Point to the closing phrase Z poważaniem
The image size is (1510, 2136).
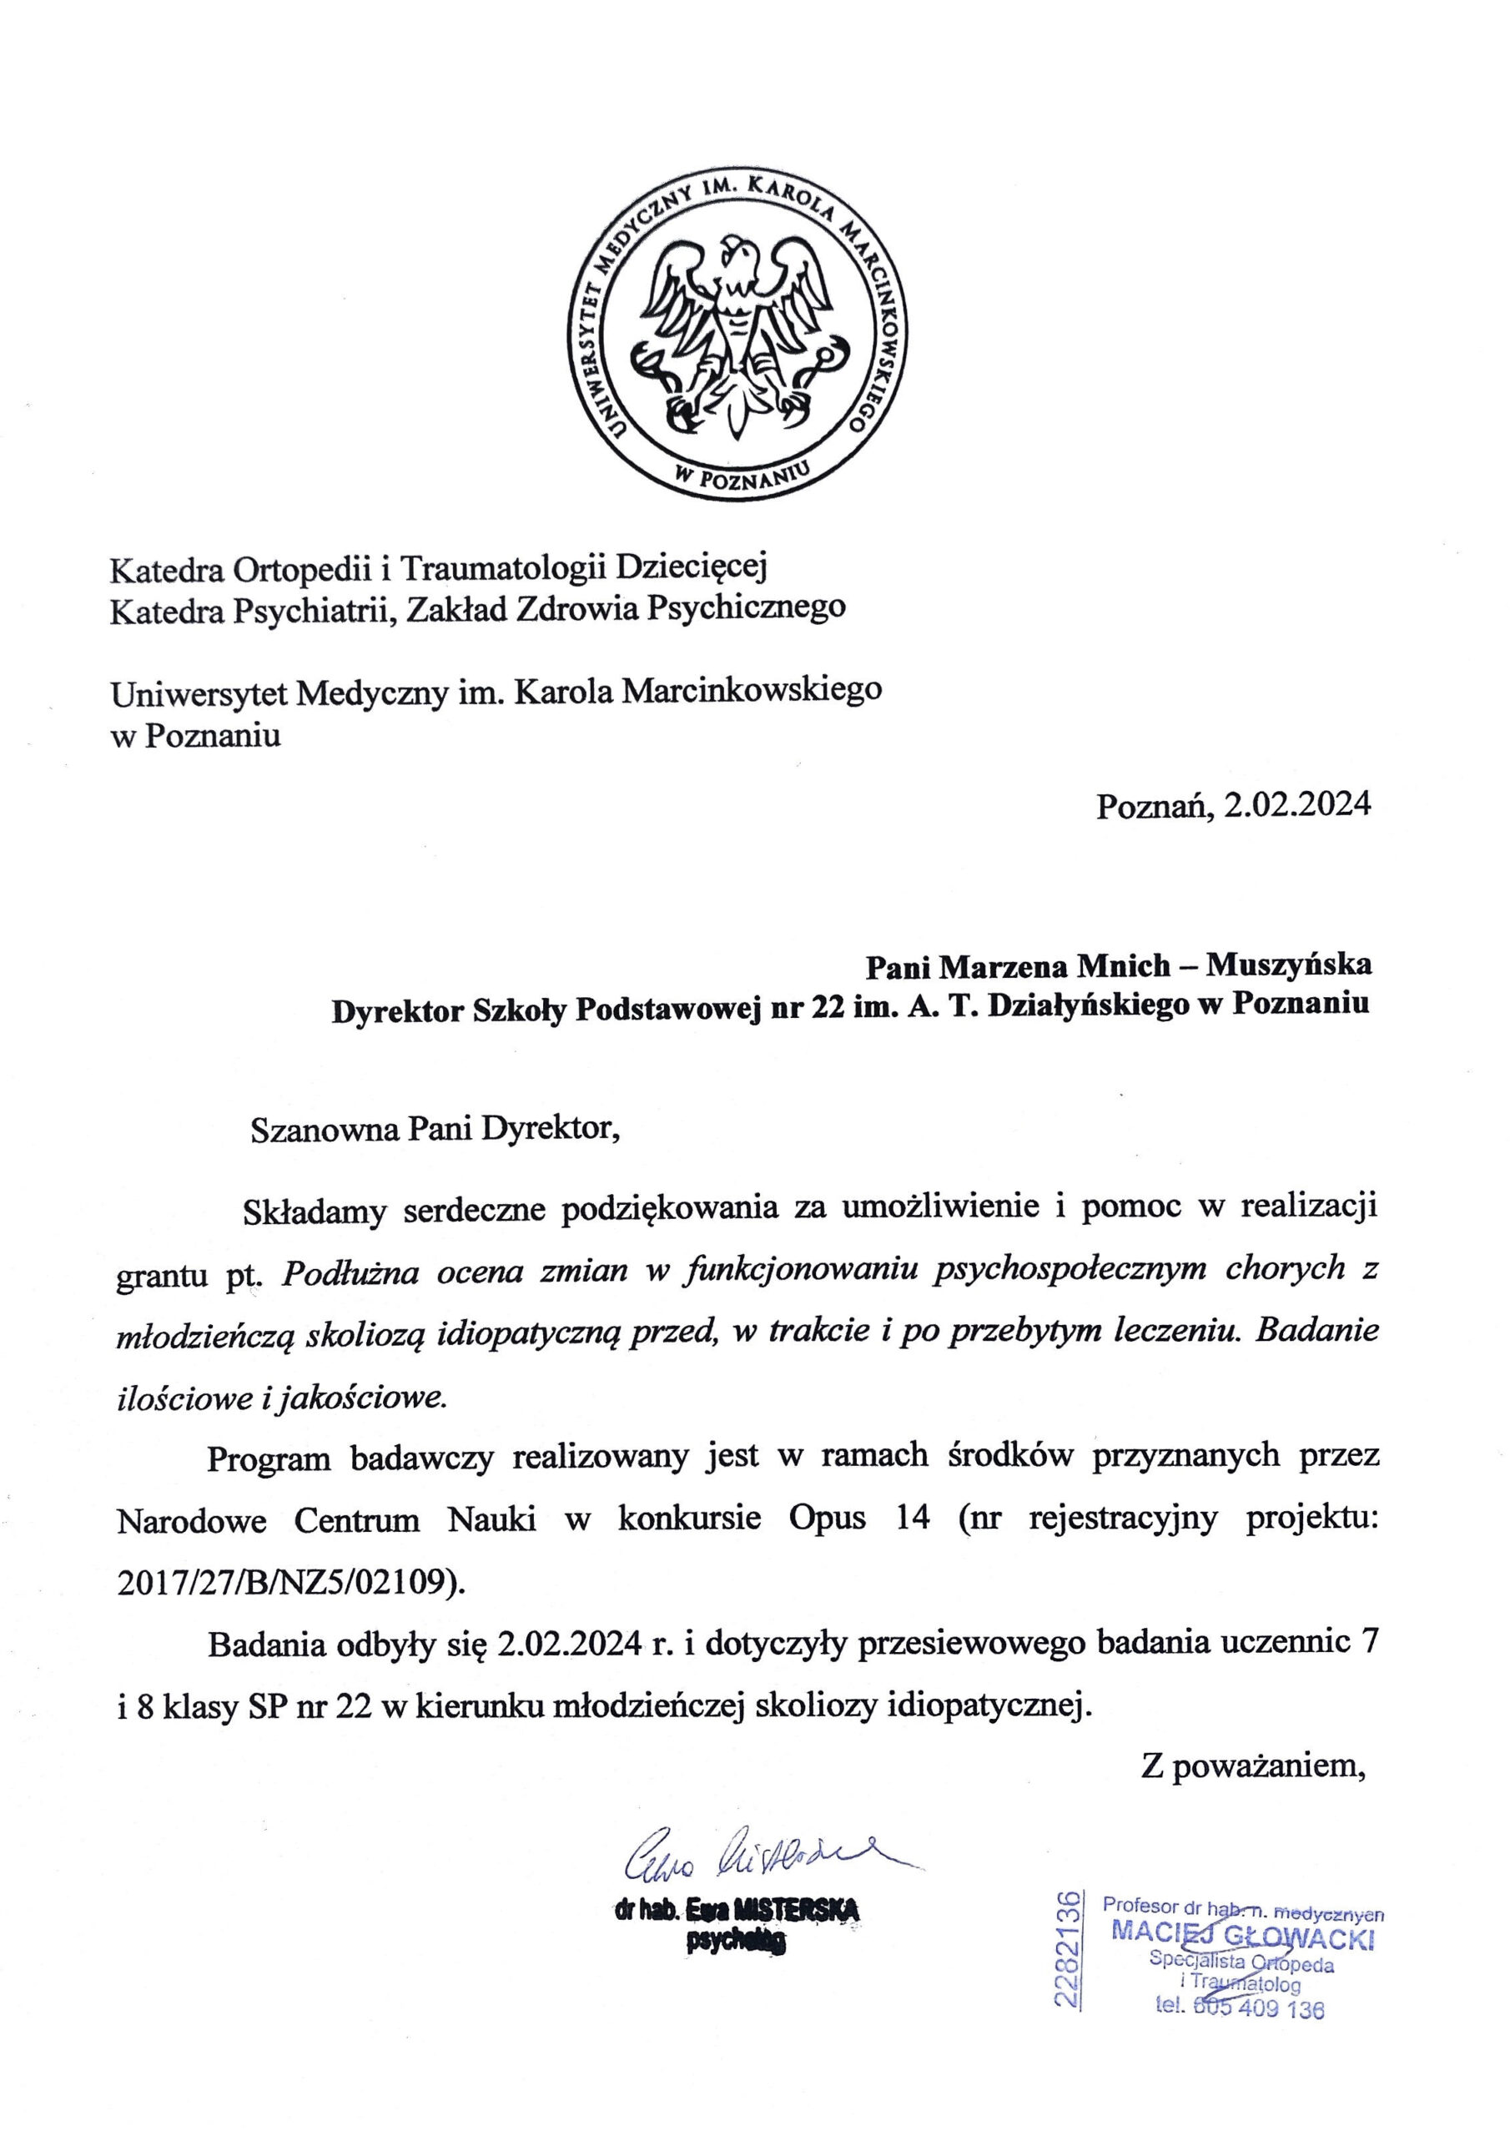tap(1256, 1766)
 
